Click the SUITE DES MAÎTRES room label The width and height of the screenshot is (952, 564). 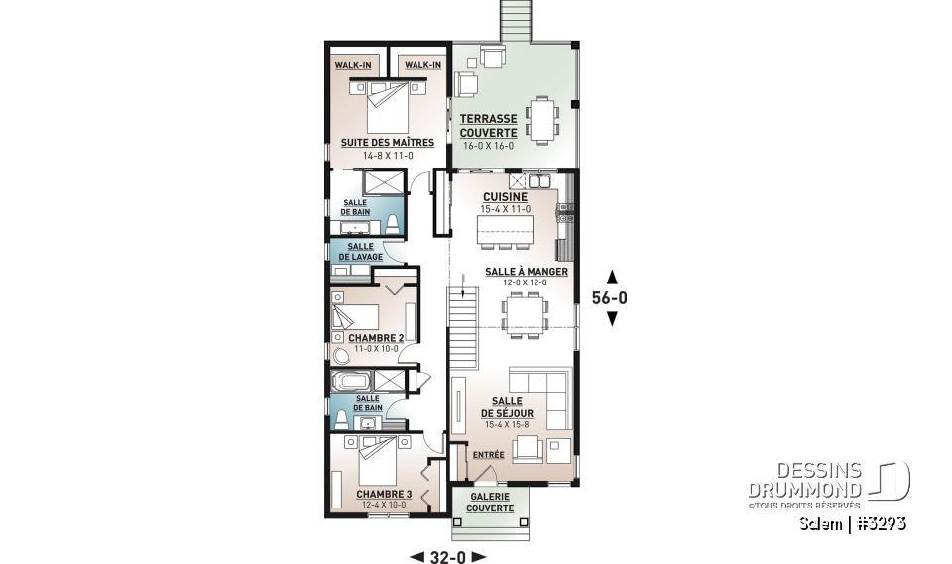coord(373,142)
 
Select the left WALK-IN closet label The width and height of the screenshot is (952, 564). coord(352,65)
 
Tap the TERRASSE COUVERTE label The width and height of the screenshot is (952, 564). coord(488,125)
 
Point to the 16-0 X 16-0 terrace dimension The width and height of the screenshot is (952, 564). coord(488,146)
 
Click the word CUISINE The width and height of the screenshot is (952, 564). coord(505,197)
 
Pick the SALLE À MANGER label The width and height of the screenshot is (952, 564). coord(526,271)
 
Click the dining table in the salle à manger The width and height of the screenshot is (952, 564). coord(525,315)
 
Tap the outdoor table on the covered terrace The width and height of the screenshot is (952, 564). coord(541,117)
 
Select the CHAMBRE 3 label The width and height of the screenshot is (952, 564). coord(383,494)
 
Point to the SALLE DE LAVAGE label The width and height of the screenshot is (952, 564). coord(361,252)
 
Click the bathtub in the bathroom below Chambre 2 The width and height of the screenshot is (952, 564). coord(351,382)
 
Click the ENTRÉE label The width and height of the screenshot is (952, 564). coord(489,455)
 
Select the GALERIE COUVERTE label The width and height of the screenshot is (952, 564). coord(491,502)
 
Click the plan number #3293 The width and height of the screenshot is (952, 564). coord(882,521)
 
